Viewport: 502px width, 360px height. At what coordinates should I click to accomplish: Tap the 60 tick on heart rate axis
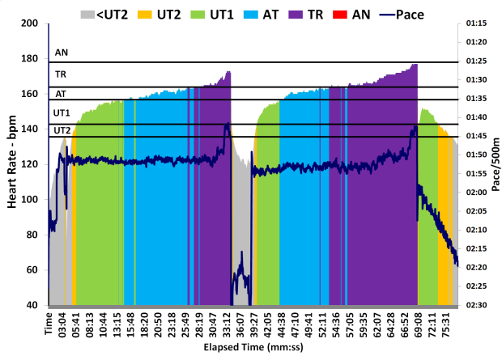35,270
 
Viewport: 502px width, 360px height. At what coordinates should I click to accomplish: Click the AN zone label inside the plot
62,53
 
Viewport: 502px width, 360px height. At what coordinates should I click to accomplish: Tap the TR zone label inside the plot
61,74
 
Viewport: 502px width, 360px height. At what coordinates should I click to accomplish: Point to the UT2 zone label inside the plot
62,130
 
